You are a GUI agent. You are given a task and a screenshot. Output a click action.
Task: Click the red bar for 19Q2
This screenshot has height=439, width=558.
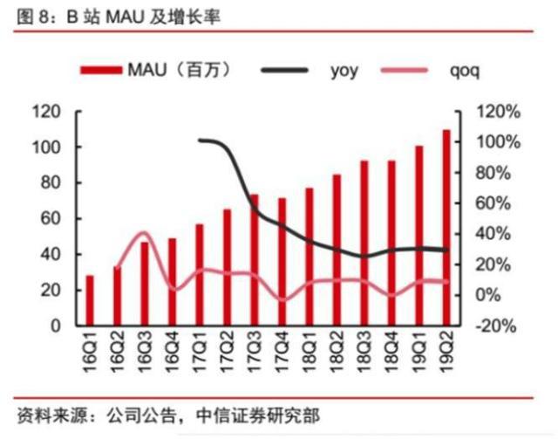(x=446, y=228)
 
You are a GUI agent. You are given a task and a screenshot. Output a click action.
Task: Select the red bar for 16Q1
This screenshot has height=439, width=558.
(x=89, y=300)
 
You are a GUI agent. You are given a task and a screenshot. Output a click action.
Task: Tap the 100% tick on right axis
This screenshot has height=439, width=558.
(x=498, y=142)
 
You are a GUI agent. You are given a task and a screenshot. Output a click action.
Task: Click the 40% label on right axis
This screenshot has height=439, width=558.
(x=498, y=234)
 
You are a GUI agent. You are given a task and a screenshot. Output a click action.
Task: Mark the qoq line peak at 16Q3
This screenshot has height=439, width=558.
(x=145, y=233)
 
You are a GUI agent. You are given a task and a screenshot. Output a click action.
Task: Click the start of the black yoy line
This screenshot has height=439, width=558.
(x=200, y=140)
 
